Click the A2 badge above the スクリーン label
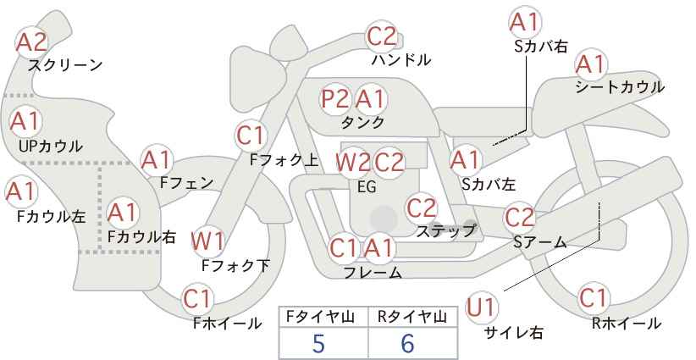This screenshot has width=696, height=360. point(31,42)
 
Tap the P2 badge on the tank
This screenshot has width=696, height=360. point(335,99)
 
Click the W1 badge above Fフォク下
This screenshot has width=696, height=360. point(207,241)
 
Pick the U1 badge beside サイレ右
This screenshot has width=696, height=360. point(482,307)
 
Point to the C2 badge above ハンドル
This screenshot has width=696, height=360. point(382,36)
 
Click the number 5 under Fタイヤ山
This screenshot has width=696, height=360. point(318,343)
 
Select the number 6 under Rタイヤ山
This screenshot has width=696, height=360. point(407,343)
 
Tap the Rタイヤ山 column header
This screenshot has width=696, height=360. point(412,317)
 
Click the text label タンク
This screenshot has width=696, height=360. point(362,122)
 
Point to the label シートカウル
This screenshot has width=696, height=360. point(620,87)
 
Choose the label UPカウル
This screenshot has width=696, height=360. point(51,146)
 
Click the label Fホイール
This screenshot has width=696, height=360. point(227,324)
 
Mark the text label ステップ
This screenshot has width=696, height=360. point(445,231)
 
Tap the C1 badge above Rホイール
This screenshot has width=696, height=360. point(593,298)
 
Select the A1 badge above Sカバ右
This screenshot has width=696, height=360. point(525,22)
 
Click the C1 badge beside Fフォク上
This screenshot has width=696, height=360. point(251,136)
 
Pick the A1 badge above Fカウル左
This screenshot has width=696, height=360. point(21,191)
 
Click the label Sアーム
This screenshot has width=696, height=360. point(539,242)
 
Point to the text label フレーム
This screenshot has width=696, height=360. point(373,273)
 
